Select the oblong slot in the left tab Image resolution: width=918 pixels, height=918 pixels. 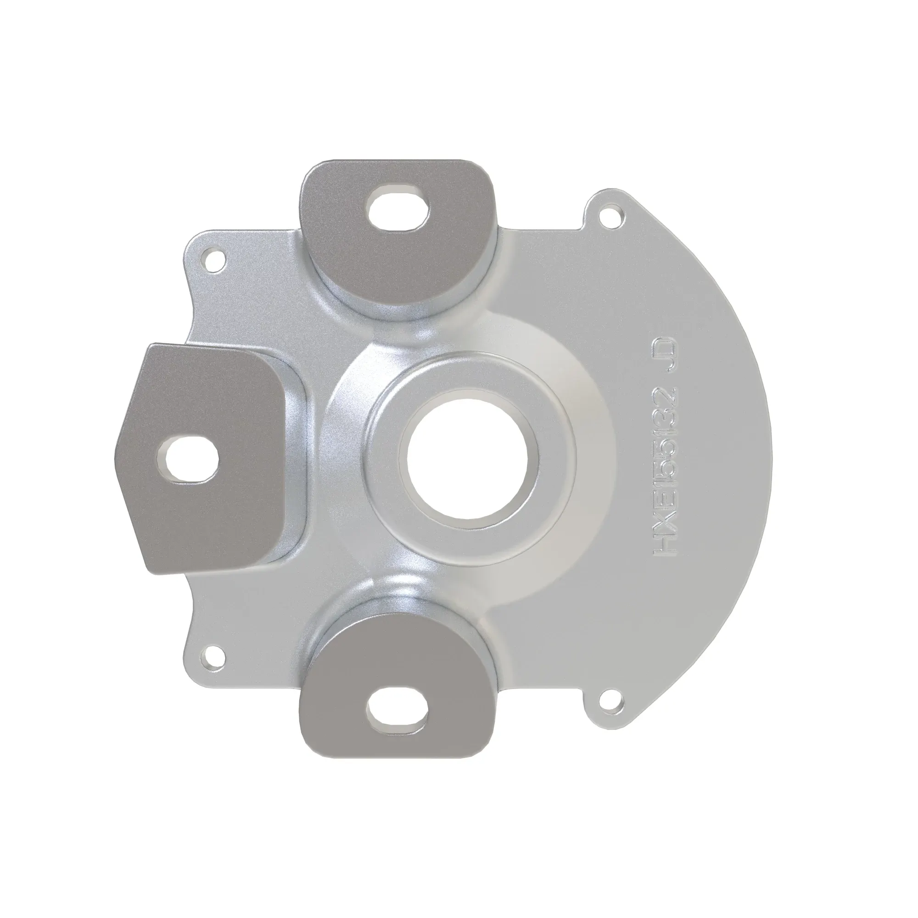[188, 458]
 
